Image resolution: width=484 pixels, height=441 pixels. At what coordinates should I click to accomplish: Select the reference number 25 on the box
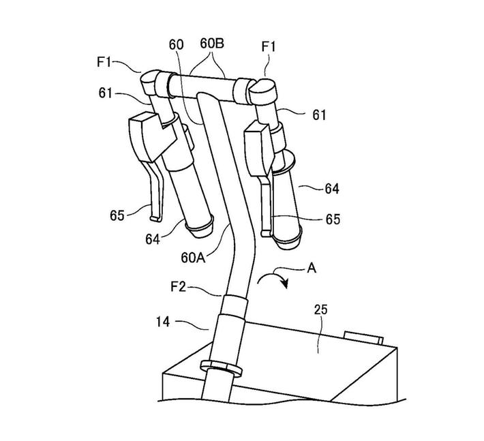[x=321, y=309]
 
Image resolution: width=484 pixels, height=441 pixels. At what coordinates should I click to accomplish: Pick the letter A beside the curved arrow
[x=311, y=268]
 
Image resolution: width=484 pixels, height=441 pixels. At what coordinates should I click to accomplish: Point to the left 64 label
[x=153, y=239]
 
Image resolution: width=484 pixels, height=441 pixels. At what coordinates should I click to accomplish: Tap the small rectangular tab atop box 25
[x=364, y=337]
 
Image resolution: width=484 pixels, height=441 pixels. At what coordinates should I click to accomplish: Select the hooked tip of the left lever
[x=155, y=218]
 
